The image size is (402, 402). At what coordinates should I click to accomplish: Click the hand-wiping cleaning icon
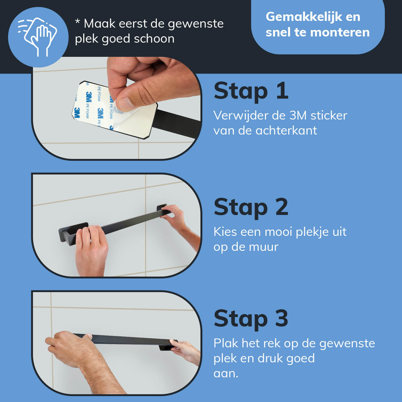[x=38, y=37]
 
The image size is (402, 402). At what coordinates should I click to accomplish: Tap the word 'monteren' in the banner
[x=344, y=32]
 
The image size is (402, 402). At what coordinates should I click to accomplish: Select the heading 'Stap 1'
[x=251, y=91]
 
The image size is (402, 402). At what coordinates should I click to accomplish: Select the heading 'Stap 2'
[x=251, y=207]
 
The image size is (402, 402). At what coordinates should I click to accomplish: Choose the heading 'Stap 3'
[x=251, y=318]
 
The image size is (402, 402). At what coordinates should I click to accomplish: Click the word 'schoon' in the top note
[x=154, y=39]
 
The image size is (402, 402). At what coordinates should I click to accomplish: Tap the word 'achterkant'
[x=286, y=131]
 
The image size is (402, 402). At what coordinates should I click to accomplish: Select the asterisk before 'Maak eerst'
[x=77, y=21]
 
